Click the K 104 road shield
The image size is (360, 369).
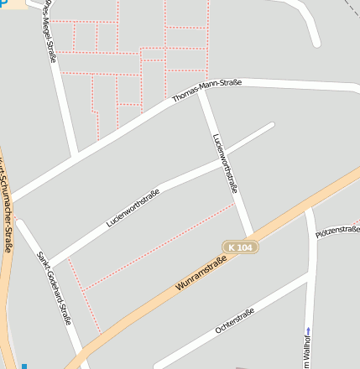(x=239, y=247)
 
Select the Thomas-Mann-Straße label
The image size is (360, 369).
(x=206, y=90)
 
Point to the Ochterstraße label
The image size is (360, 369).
(x=235, y=320)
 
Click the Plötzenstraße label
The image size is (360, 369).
(x=337, y=231)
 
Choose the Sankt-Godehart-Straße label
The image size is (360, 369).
(x=55, y=290)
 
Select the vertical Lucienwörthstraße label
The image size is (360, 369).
(x=227, y=164)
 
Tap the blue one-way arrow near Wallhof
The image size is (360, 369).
(x=308, y=330)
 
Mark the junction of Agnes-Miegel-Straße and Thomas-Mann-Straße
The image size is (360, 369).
(x=76, y=155)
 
